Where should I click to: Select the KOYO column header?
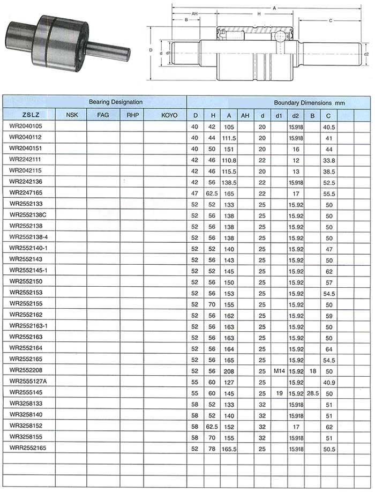[165, 115]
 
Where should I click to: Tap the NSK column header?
[71, 115]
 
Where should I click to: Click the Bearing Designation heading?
[116, 101]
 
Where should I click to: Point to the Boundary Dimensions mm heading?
[309, 101]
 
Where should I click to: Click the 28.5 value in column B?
[313, 393]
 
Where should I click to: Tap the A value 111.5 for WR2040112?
[228, 138]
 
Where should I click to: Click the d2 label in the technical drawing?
[366, 54]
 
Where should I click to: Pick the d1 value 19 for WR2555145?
[279, 393]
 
